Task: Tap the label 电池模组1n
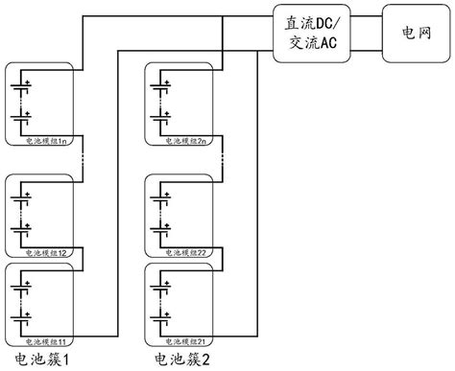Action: coord(44,141)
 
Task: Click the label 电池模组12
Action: coord(44,252)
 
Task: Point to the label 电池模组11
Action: coord(44,340)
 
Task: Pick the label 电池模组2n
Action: coord(185,141)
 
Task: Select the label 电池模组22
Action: coord(185,252)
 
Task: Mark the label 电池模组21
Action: coord(185,340)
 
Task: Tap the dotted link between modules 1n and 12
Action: coord(86,159)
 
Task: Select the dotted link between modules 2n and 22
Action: coord(227,159)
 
